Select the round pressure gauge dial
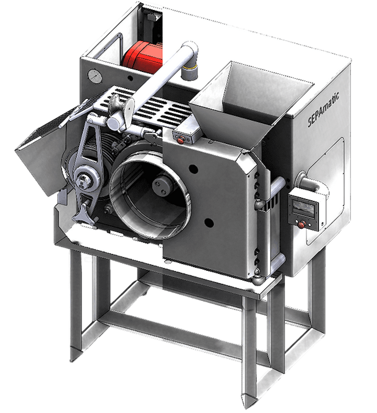[x=95, y=76]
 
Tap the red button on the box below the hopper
[x=180, y=141]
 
